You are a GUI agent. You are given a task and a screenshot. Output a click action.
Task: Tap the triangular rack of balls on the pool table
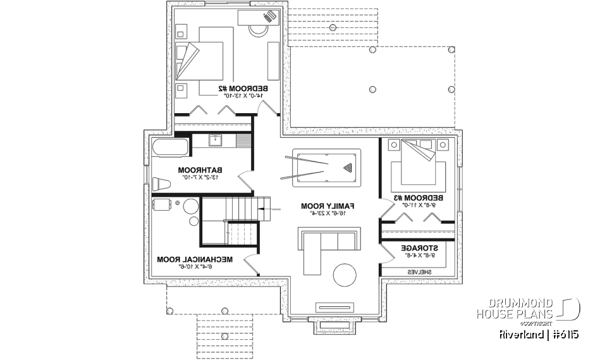pos(346,168)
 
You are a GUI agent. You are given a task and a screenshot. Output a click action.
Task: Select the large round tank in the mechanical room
pos(191,208)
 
